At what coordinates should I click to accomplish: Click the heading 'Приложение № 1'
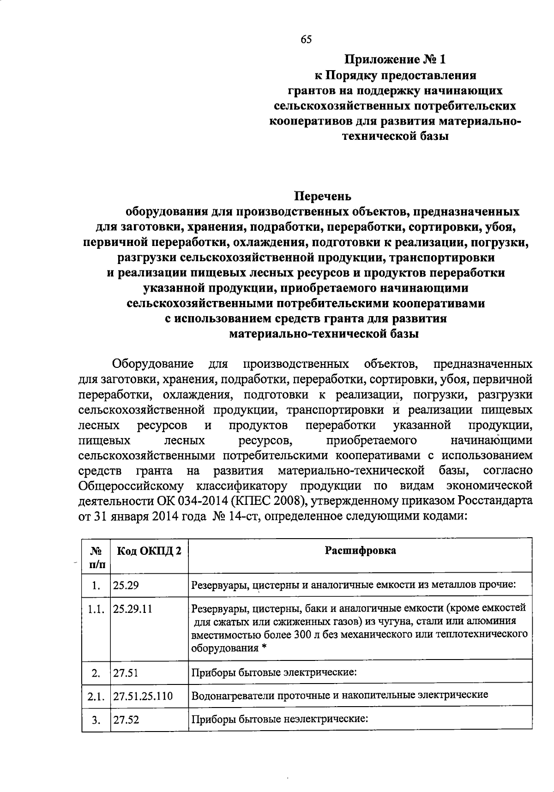[x=396, y=60]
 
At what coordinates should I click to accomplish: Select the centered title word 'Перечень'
[x=323, y=196]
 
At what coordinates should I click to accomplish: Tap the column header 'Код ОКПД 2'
[x=149, y=551]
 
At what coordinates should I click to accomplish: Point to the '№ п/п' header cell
[x=96, y=557]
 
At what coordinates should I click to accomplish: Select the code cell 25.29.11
[x=132, y=609]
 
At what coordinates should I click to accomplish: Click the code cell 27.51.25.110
[x=143, y=696]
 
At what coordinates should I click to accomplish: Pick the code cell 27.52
[x=126, y=720]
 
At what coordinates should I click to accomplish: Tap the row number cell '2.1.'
[x=96, y=696]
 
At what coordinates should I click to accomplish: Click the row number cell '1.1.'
[x=96, y=609]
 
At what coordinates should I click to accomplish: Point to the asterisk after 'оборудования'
[x=264, y=648]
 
